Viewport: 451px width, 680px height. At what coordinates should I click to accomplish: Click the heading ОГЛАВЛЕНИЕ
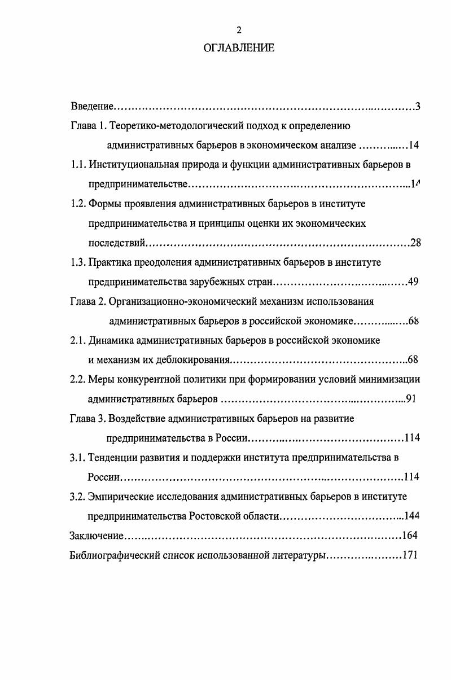pyautogui.click(x=239, y=48)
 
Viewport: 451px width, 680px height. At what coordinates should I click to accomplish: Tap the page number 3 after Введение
pyautogui.click(x=417, y=106)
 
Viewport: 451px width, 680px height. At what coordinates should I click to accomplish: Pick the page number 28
pyautogui.click(x=416, y=243)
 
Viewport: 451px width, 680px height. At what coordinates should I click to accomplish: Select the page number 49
pyautogui.click(x=412, y=282)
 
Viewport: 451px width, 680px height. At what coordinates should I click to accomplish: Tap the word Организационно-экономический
pyautogui.click(x=172, y=301)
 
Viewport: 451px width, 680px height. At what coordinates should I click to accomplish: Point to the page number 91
pyautogui.click(x=411, y=399)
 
